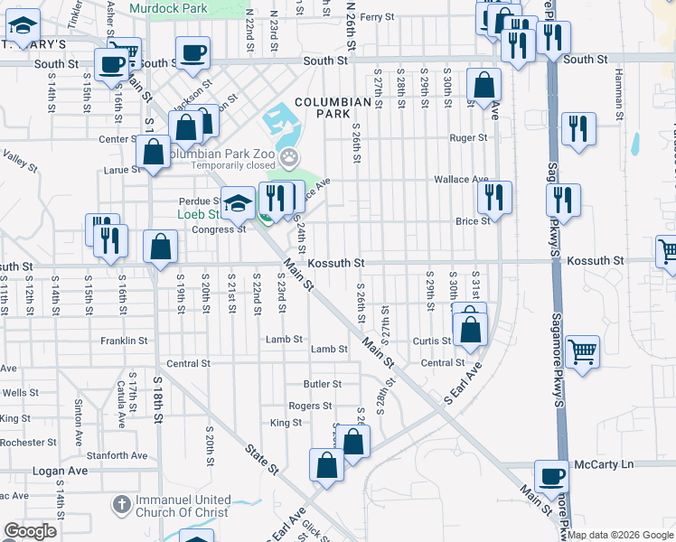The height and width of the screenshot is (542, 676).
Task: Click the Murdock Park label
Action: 163,7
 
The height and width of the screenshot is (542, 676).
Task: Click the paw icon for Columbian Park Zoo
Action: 289,161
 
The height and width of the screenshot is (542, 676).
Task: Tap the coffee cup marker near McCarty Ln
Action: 551,476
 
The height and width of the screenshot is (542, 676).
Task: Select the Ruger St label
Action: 469,138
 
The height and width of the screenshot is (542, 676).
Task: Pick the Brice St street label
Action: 473,220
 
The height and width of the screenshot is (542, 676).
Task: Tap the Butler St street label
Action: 322,384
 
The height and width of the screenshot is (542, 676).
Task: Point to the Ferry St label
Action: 377,17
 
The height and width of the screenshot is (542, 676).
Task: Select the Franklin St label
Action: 124,341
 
